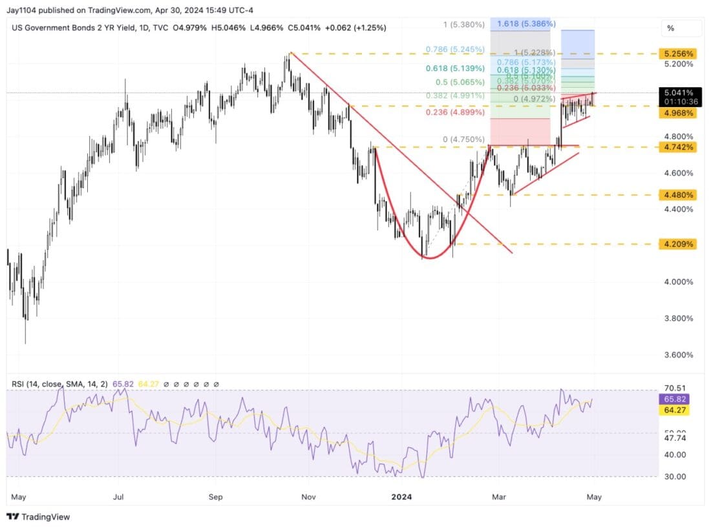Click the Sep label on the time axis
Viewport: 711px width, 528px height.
(216, 497)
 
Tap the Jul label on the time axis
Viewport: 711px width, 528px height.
(118, 497)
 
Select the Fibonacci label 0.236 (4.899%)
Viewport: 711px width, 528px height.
(454, 112)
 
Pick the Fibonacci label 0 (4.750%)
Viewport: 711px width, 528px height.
(463, 139)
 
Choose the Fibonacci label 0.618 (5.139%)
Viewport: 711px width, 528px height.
(454, 68)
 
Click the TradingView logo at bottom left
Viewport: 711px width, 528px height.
(39, 516)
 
